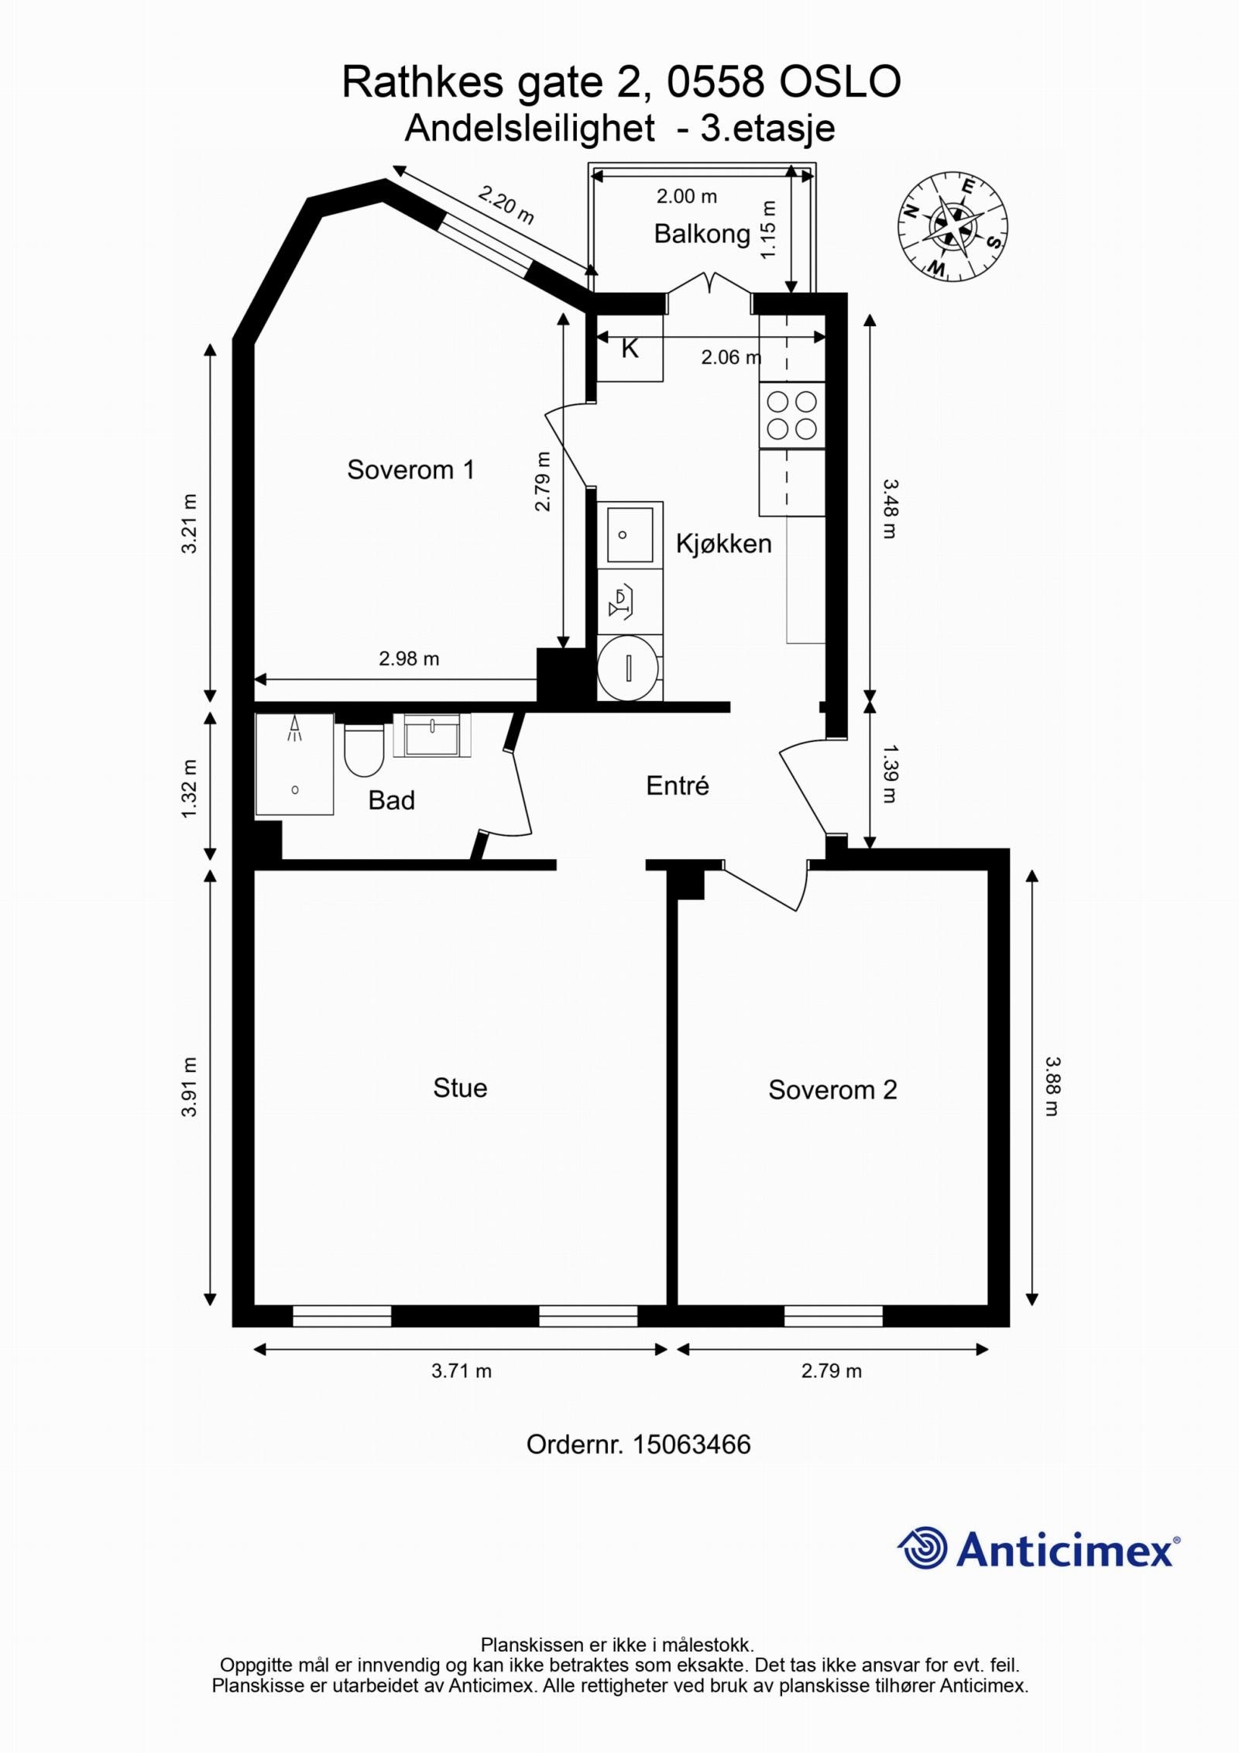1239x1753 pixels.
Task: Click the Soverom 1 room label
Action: (410, 469)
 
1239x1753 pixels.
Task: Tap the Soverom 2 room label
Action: (832, 1090)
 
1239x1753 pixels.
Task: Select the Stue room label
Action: (460, 1088)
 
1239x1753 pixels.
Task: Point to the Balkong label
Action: (702, 233)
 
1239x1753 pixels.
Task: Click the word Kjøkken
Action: (723, 544)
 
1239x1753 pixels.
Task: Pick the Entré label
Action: (678, 785)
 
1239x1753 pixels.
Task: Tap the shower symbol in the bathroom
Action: (294, 729)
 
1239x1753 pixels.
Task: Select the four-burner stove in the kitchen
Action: (791, 415)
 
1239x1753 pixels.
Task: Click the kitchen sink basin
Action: (629, 534)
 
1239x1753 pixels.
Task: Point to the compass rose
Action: (952, 226)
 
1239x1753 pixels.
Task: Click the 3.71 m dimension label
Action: (462, 1371)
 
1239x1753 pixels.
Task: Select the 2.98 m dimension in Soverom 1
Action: (409, 658)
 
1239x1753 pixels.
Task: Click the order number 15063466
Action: (692, 1445)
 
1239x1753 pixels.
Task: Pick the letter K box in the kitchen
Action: (630, 350)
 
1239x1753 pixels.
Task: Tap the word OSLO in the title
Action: (839, 82)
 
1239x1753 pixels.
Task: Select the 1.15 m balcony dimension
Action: (768, 230)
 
